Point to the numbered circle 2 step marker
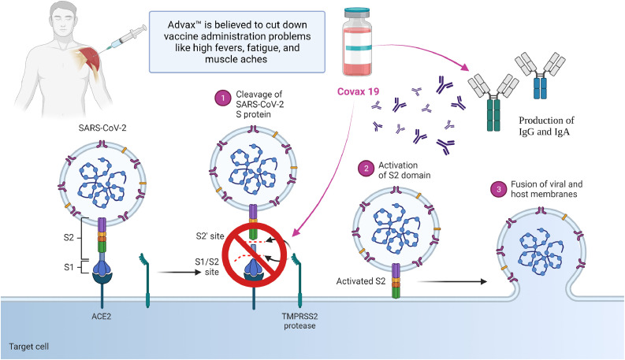coord(365,167)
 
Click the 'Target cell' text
coord(28,347)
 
